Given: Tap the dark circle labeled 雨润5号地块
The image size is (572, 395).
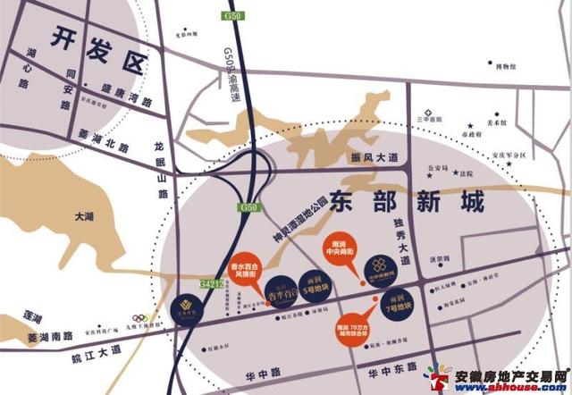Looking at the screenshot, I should [x=311, y=282].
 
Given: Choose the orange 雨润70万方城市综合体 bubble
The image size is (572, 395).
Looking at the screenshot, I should [x=351, y=329].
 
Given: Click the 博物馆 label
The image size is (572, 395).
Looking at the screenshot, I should [x=506, y=65].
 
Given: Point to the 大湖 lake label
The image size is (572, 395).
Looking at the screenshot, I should [x=85, y=216].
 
